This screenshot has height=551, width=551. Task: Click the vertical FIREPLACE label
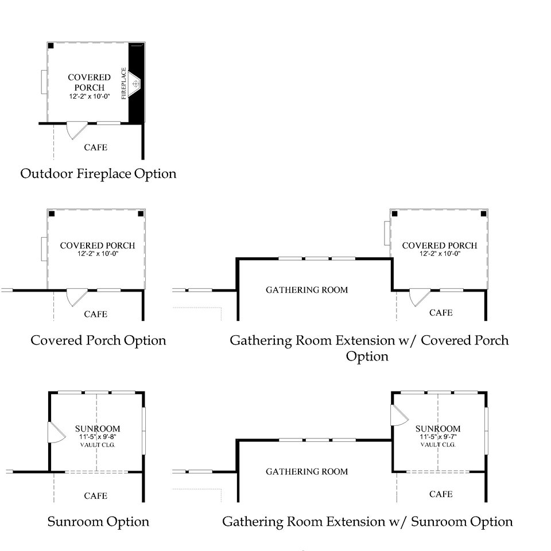click(x=123, y=84)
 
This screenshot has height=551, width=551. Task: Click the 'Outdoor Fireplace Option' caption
click(x=98, y=173)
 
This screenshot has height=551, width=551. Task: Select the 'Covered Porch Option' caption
click(x=98, y=340)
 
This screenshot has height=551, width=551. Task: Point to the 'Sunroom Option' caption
click(x=98, y=522)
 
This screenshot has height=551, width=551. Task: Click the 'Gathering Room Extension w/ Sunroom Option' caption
click(x=367, y=522)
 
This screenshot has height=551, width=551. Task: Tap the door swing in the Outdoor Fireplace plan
click(x=75, y=130)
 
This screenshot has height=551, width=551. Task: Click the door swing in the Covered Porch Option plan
click(x=75, y=297)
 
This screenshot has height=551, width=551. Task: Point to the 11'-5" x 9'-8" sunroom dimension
click(x=98, y=437)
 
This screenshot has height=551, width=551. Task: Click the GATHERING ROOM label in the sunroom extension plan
click(x=306, y=472)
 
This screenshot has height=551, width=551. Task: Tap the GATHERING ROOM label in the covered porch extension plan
click(x=306, y=290)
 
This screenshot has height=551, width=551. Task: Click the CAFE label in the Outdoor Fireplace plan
click(x=95, y=148)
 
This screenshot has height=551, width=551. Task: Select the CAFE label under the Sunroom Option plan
click(x=95, y=495)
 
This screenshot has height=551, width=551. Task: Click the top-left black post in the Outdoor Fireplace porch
click(x=51, y=45)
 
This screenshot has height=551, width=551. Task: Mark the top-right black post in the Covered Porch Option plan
click(x=140, y=214)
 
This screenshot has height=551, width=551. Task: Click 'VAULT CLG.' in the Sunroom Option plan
click(x=98, y=444)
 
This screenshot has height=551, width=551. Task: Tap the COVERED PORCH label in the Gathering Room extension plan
click(x=439, y=246)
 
